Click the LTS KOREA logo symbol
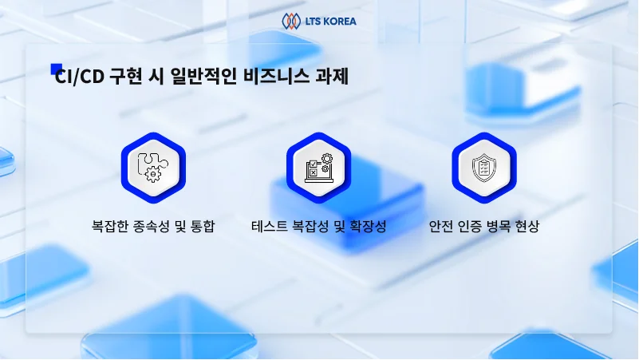pyautogui.click(x=290, y=20)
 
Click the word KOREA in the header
pyautogui.click(x=338, y=20)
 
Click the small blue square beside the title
pyautogui.click(x=56, y=69)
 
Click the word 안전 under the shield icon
pyautogui.click(x=440, y=226)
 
